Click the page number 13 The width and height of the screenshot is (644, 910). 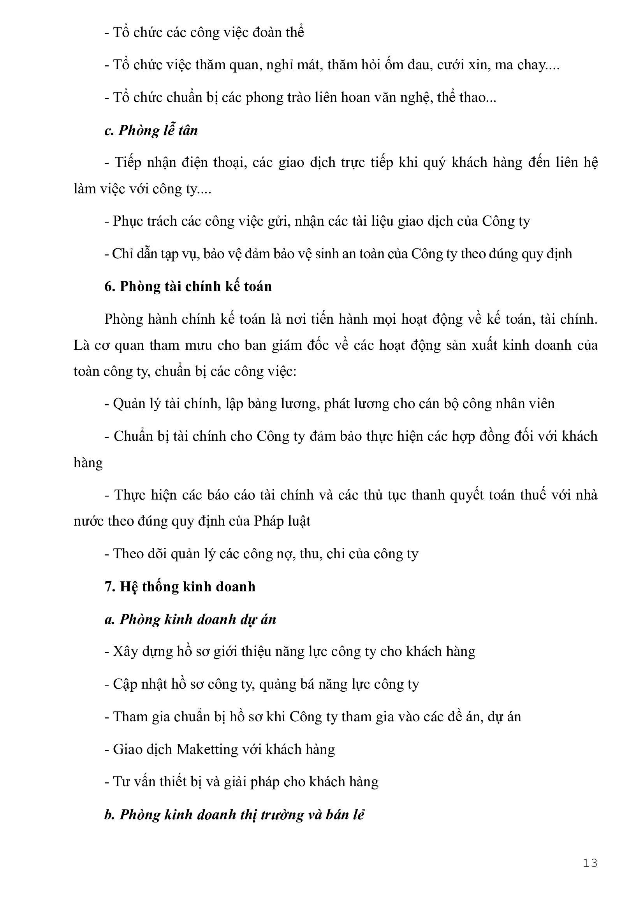tap(589, 863)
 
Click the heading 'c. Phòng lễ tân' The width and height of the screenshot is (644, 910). tap(151, 130)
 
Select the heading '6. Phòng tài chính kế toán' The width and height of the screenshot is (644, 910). tap(188, 286)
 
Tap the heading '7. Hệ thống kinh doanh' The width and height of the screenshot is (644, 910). tap(179, 587)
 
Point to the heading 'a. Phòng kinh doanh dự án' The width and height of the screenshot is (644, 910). tap(190, 619)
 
